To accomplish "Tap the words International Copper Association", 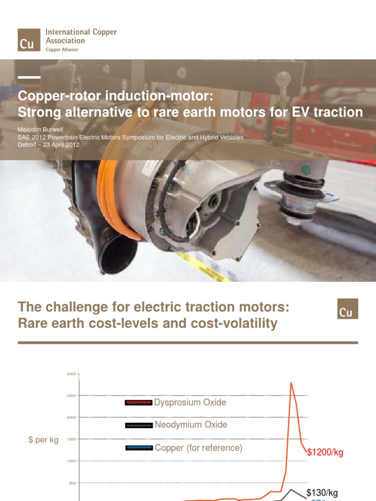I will pos(81,36).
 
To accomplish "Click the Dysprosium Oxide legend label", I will pos(190,403).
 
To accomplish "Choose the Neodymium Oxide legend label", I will pos(191,425).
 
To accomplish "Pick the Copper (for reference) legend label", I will pos(198,448).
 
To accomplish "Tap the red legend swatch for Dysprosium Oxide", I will pos(139,403).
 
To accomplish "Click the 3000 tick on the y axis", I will pos(71,374).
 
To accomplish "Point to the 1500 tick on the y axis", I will pos(71,439).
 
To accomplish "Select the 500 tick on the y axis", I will pos(71,483).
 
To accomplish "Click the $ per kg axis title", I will pos(43,440).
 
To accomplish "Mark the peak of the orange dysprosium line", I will pos(291,383).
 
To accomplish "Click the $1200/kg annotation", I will pos(325,453).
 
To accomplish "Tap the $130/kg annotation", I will pos(322,493).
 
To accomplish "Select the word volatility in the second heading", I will pos(246,323).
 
